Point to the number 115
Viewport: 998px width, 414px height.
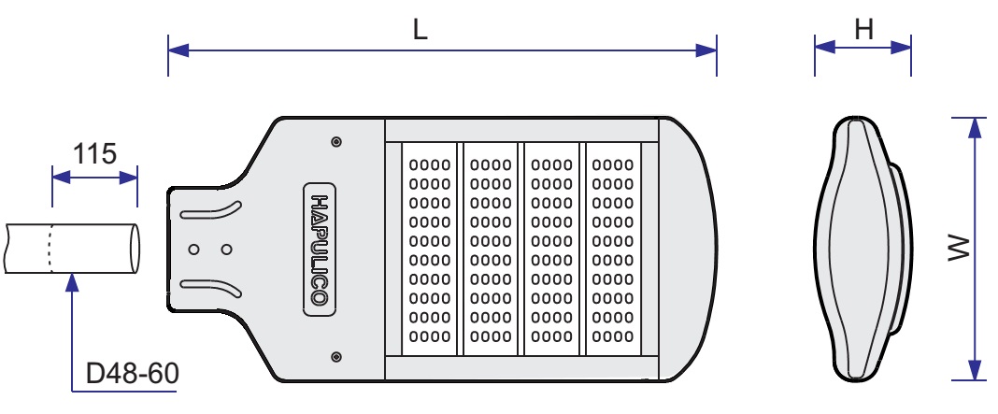[x=94, y=153]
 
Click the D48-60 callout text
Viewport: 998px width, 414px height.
[x=132, y=374]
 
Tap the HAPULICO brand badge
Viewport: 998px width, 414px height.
[x=318, y=250]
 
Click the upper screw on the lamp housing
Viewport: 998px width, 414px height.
[x=335, y=142]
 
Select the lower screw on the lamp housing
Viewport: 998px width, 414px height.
[x=335, y=356]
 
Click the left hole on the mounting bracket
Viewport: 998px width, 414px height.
[x=194, y=250]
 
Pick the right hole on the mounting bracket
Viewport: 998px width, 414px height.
[x=226, y=250]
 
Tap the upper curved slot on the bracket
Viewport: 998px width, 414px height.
[x=211, y=211]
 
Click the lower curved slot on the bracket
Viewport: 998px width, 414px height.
[x=211, y=286]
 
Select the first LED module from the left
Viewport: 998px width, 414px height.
[x=430, y=249]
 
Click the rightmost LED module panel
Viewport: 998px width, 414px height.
[x=613, y=249]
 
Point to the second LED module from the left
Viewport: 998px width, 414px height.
[x=491, y=249]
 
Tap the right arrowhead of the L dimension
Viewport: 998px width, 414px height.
[x=708, y=50]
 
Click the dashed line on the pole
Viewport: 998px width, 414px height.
[x=51, y=249]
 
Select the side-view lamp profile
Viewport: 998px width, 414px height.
[x=860, y=249]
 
